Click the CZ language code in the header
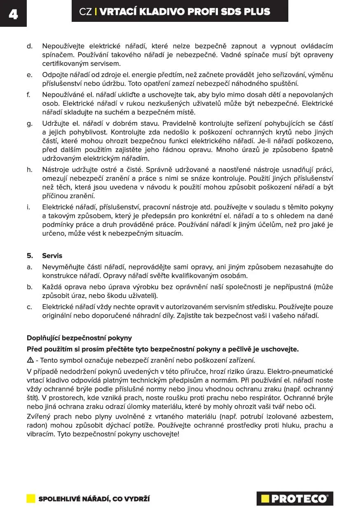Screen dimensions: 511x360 [x=85, y=12]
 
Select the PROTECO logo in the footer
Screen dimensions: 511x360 [x=295, y=499]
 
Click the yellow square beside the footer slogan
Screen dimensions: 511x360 [x=31, y=499]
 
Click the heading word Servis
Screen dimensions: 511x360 [x=52, y=255]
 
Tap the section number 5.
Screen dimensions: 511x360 [x=29, y=255]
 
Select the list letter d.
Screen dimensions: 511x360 [x=29, y=46]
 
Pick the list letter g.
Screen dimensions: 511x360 [x=29, y=124]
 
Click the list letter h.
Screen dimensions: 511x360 [x=29, y=169]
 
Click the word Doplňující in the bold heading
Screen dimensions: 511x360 [x=44, y=338]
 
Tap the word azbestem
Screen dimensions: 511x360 [x=318, y=417]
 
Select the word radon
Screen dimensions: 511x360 [x=35, y=425]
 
